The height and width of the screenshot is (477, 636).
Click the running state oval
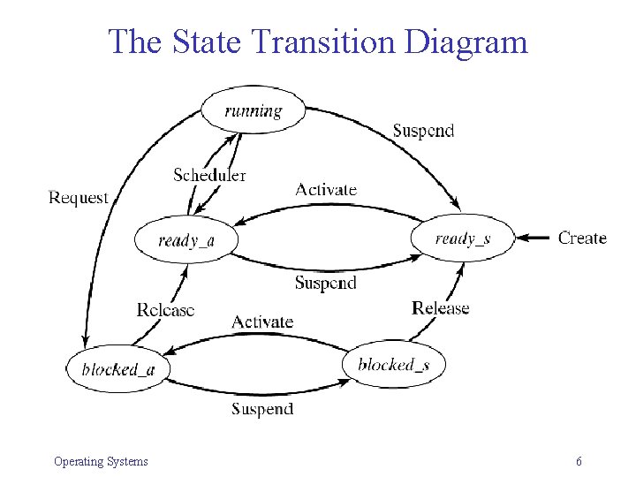coord(254,110)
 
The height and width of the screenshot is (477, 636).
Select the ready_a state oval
coord(185,239)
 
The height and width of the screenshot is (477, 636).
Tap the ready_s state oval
coord(462,238)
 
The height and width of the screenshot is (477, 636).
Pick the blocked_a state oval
coord(117,368)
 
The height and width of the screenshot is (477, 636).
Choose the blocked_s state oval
coord(393,364)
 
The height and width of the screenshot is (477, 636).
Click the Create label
coord(582,238)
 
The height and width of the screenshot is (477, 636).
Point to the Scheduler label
coord(209,174)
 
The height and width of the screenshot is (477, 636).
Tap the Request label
coord(78,197)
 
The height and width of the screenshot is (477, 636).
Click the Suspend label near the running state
coord(423,131)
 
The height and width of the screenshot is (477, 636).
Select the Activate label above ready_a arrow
coord(326,189)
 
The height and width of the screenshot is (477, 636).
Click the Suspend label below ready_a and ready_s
coord(325,283)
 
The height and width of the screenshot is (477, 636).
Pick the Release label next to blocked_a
coord(165,309)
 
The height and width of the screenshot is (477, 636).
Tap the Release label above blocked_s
coord(440,307)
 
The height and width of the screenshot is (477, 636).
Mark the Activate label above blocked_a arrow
coord(262,322)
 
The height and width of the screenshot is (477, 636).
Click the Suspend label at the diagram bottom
coord(262,408)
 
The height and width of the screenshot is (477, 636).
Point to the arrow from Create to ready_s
coord(534,238)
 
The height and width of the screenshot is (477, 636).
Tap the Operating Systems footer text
coord(101,461)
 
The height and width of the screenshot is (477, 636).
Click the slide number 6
coord(579,461)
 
